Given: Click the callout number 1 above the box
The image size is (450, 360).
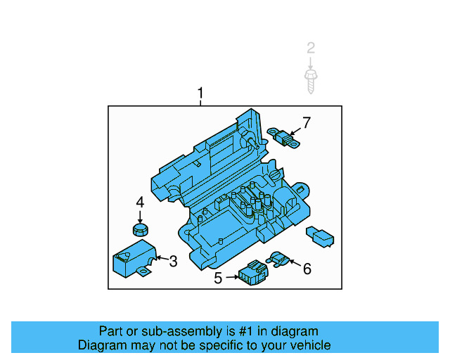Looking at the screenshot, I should (x=200, y=94).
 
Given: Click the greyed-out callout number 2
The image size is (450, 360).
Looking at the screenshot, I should (x=310, y=49).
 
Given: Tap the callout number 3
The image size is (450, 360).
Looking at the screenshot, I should (x=173, y=262).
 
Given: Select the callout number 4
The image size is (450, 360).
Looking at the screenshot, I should (x=140, y=202).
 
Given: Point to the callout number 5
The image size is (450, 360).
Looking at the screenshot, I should (x=218, y=278).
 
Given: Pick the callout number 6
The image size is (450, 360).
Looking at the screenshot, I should (x=307, y=268).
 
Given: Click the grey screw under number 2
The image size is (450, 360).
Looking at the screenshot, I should (x=310, y=79).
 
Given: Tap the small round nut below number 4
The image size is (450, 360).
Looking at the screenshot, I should (x=141, y=229).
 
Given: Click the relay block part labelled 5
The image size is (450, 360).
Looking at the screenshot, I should (x=251, y=273).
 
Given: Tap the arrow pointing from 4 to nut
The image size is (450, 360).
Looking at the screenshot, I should (x=140, y=215).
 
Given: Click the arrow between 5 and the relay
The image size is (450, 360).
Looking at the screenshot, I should (x=231, y=278).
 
